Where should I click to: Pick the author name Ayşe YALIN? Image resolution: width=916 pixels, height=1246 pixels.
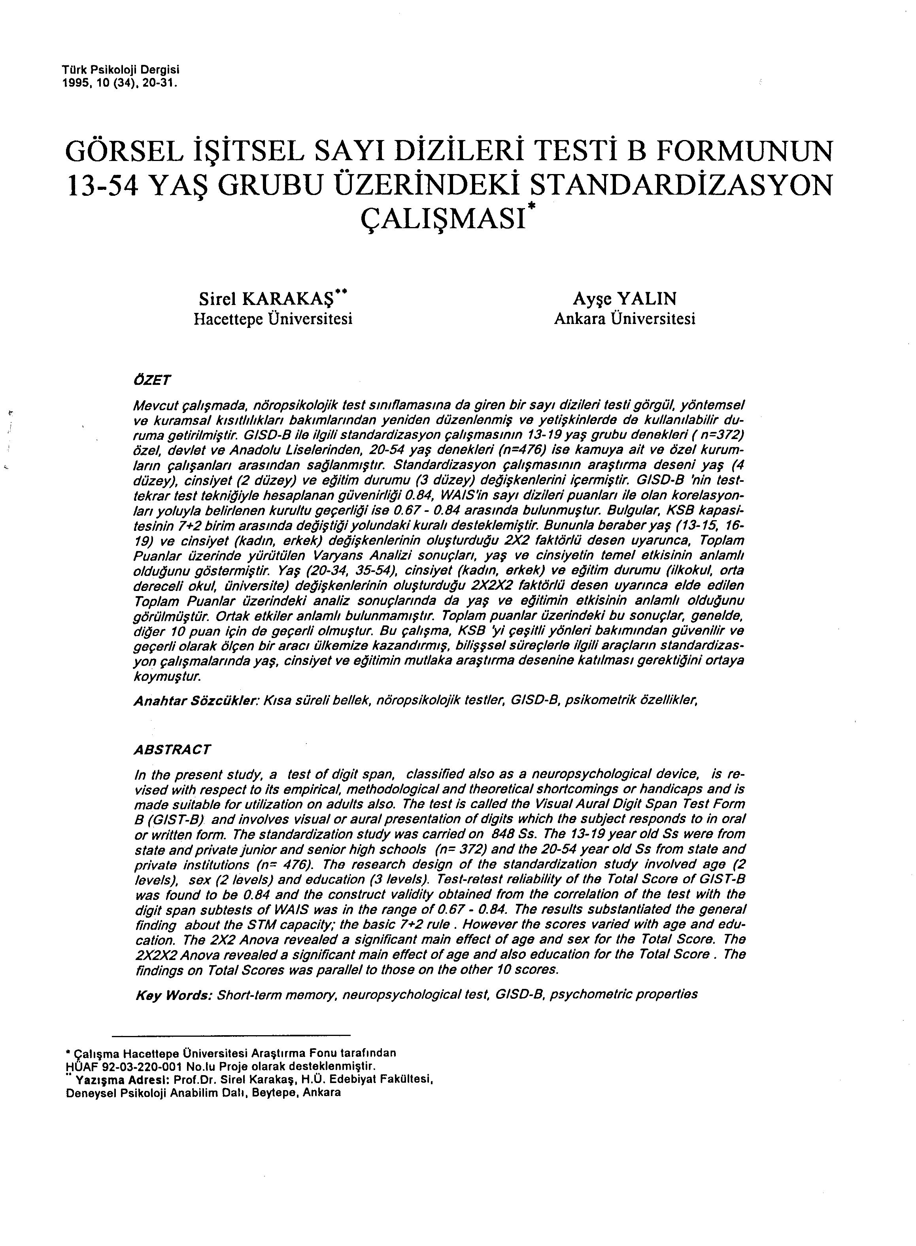click(x=624, y=299)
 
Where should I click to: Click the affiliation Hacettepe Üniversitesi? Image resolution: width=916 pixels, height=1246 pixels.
click(x=273, y=320)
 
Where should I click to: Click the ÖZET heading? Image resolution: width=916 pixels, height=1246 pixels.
click(x=152, y=380)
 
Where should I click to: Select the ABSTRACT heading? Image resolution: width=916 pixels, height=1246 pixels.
click(x=172, y=750)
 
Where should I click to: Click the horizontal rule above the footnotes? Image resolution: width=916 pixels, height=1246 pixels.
click(x=231, y=1035)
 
